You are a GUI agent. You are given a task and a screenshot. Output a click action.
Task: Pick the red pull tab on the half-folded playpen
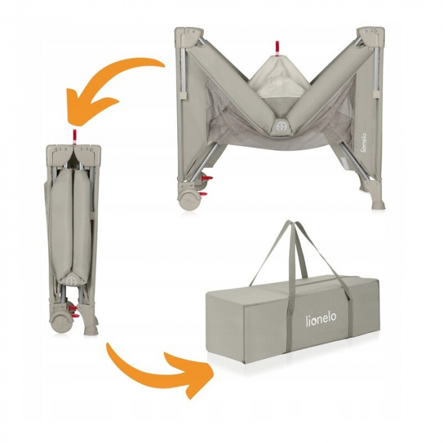(277, 48)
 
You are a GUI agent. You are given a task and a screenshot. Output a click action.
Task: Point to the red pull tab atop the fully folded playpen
(74, 135)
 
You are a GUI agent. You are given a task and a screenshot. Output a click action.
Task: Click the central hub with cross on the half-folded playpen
(278, 125)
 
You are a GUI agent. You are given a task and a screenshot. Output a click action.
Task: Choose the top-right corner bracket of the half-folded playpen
(368, 36)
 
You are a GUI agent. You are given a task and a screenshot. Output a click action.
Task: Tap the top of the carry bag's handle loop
(296, 224)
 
